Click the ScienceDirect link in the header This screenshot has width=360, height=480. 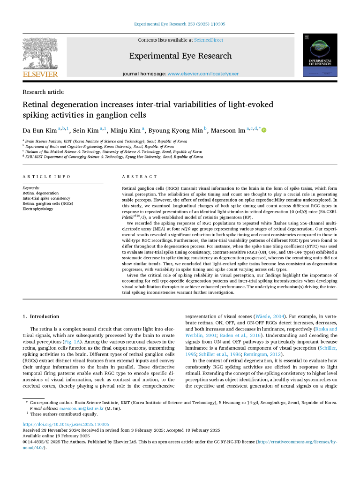pyautogui.click(x=209, y=40)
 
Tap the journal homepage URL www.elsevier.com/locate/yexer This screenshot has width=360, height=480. pyautogui.click(x=203, y=74)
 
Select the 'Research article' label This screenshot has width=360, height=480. pyautogui.click(x=43, y=92)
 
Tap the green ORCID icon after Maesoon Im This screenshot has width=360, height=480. pyautogui.click(x=264, y=130)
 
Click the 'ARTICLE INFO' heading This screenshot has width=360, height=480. pyautogui.click(x=46, y=177)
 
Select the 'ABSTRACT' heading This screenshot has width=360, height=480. pyautogui.click(x=140, y=177)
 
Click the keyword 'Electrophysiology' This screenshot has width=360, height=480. pyautogui.click(x=38, y=209)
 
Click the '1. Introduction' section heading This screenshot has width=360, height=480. pyautogui.click(x=41, y=316)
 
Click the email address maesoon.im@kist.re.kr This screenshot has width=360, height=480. pyautogui.click(x=78, y=408)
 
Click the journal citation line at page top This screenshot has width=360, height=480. pyautogui.click(x=180, y=24)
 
